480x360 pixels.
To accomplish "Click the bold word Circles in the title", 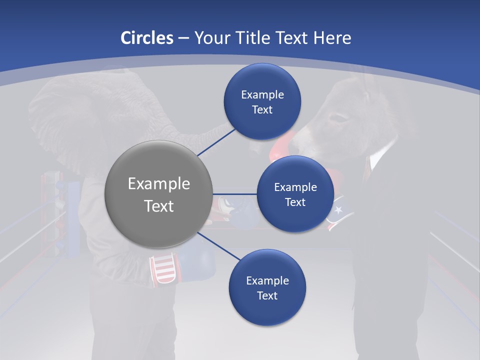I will pyautogui.click(x=146, y=38).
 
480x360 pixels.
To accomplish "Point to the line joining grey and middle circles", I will pyautogui.click(x=234, y=194).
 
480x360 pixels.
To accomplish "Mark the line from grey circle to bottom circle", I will pyautogui.click(x=218, y=246).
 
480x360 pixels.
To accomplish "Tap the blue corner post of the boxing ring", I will pyautogui.click(x=73, y=220).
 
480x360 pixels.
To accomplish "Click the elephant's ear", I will pyautogui.click(x=55, y=120).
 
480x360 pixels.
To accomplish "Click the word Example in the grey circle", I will pyautogui.click(x=158, y=184).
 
